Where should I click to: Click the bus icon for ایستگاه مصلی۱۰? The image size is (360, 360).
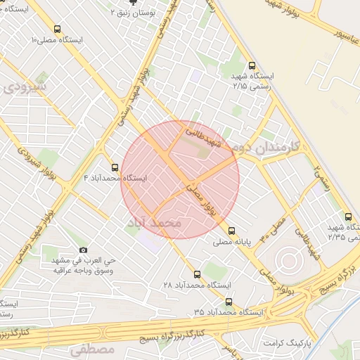pyautogui.click(x=89, y=28)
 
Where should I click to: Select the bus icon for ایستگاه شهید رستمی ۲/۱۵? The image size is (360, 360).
pyautogui.click(x=252, y=63)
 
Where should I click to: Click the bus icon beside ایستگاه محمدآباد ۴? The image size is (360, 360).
pyautogui.click(x=115, y=167)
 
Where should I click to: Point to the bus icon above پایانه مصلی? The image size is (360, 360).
pyautogui.click(x=231, y=230)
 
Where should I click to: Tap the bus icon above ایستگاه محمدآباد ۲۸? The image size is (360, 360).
pyautogui.click(x=196, y=274)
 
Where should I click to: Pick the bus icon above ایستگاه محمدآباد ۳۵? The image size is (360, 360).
pyautogui.click(x=228, y=302)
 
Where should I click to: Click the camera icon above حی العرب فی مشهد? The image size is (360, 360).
pyautogui.click(x=84, y=250)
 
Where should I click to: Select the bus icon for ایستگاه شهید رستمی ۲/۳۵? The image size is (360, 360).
pyautogui.click(x=348, y=216)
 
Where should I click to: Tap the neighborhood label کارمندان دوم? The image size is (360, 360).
pyautogui.click(x=266, y=148)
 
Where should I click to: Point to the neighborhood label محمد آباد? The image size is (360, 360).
pyautogui.click(x=154, y=222)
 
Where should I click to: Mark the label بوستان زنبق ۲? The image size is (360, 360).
pyautogui.click(x=133, y=13)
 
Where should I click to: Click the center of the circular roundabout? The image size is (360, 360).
pyautogui.click(x=288, y=262)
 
